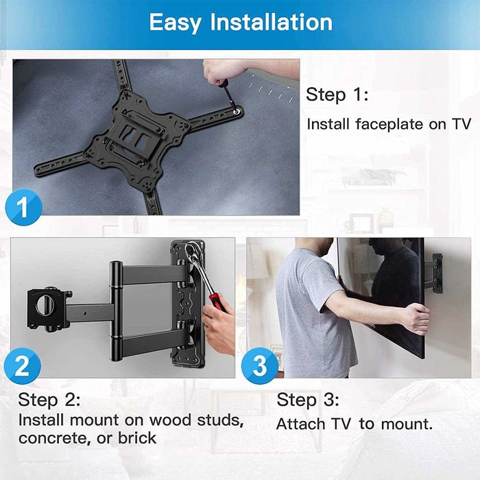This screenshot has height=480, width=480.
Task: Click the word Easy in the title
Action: point(175,23)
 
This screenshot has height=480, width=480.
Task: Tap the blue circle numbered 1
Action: point(23,208)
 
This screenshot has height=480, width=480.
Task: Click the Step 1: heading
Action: point(337,94)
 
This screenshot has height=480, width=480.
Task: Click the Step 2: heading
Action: point(49,399)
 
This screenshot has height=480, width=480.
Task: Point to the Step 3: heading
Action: point(308,399)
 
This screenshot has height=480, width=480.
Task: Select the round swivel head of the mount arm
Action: point(47,304)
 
